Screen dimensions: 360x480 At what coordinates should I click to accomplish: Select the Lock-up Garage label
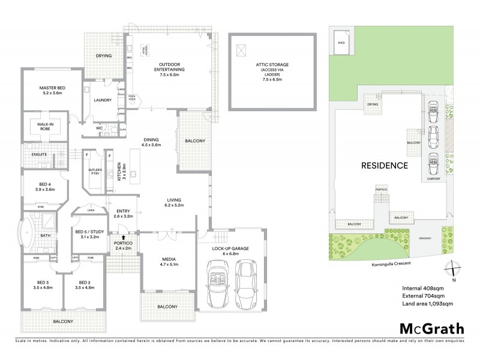coord(231,251)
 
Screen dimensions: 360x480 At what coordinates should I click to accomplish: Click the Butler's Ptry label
coord(95,172)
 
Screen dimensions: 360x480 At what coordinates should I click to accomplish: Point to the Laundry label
coord(103,100)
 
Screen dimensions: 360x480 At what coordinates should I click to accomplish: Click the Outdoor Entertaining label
coord(172,67)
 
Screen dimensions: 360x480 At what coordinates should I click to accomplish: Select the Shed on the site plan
coord(342,43)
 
